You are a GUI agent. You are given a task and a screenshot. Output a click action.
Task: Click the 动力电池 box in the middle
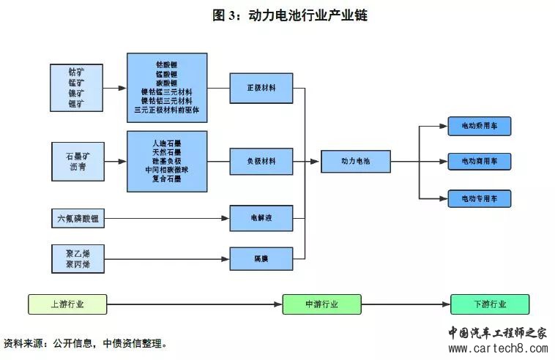pos(356,161)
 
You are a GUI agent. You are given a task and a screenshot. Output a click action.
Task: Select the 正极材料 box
pos(261,88)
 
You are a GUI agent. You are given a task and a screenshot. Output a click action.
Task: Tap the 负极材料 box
pos(261,161)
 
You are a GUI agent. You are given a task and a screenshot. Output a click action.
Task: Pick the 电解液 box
pos(261,218)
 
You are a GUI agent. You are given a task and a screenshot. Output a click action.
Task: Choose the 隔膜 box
pos(261,258)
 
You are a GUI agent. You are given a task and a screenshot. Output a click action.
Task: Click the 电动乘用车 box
pos(479,126)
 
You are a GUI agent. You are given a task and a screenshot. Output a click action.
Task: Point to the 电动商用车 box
pos(479,161)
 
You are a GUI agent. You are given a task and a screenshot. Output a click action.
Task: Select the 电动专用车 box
pos(479,198)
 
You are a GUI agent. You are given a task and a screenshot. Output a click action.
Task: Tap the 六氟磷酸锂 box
pos(78,218)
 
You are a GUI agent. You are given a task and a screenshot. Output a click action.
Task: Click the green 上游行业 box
pos(67,304)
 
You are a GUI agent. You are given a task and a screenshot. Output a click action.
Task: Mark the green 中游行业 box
pos(321,304)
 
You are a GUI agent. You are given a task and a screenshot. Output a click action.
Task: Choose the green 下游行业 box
pos(489,304)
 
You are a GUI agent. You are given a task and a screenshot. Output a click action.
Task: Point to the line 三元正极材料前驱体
pos(167,110)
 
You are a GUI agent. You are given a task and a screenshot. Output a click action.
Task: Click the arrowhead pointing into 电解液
pos(226,218)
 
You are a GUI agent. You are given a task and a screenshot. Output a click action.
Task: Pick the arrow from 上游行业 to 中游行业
pos(194,304)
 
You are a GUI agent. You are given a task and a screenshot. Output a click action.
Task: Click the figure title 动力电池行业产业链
pos(308,15)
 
